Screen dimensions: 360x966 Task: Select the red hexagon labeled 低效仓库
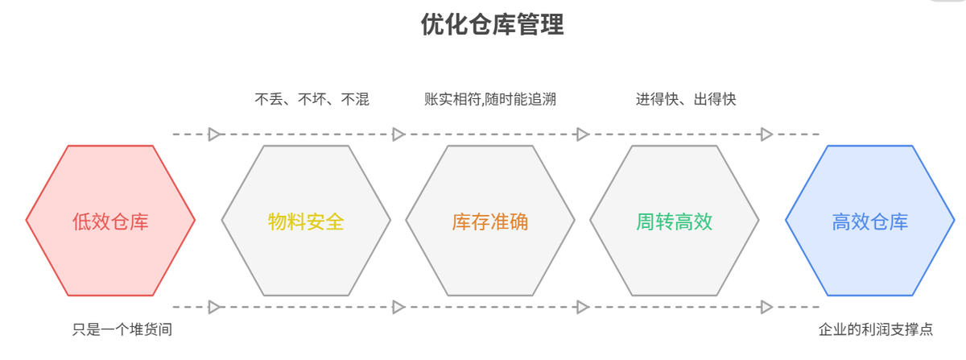coord(110,221)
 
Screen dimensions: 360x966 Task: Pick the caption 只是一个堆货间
coord(122,329)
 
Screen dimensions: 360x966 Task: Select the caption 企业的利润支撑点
coord(876,329)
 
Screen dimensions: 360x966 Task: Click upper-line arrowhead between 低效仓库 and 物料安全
coord(214,134)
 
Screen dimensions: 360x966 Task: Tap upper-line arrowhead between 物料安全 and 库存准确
coord(398,134)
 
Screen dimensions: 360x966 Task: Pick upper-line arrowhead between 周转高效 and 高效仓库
coord(766,134)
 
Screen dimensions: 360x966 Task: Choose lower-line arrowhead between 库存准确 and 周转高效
coord(583,307)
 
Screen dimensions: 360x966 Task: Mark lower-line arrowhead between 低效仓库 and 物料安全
coord(214,307)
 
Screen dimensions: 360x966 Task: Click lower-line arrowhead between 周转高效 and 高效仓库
coord(766,307)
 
